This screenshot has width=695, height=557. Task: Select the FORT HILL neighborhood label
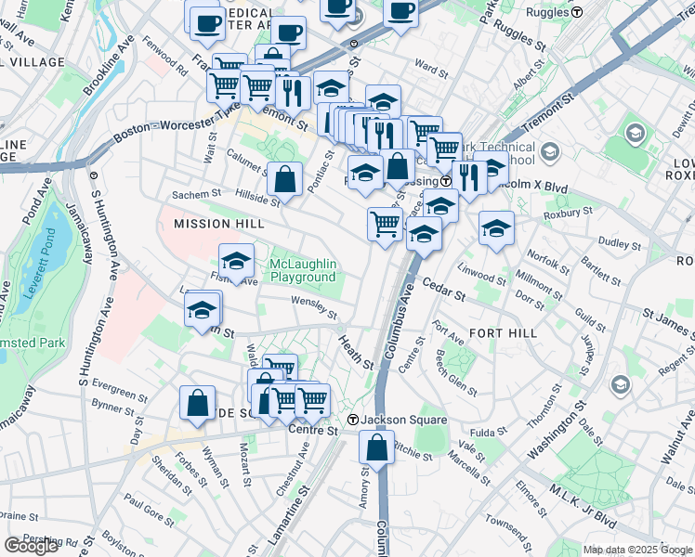click(503, 332)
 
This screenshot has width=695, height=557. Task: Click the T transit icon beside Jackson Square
click(353, 421)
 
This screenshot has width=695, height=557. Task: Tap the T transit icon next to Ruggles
click(577, 12)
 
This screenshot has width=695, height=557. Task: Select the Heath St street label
click(355, 352)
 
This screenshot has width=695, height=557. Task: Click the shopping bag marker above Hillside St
click(285, 177)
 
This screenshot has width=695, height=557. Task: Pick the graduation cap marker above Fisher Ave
click(237, 261)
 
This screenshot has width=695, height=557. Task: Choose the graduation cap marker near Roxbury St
click(497, 227)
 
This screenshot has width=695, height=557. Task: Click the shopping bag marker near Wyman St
click(197, 403)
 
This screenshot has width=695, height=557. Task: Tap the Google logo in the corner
click(32, 546)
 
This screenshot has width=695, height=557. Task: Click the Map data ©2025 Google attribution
click(636, 550)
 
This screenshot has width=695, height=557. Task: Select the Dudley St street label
click(614, 242)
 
